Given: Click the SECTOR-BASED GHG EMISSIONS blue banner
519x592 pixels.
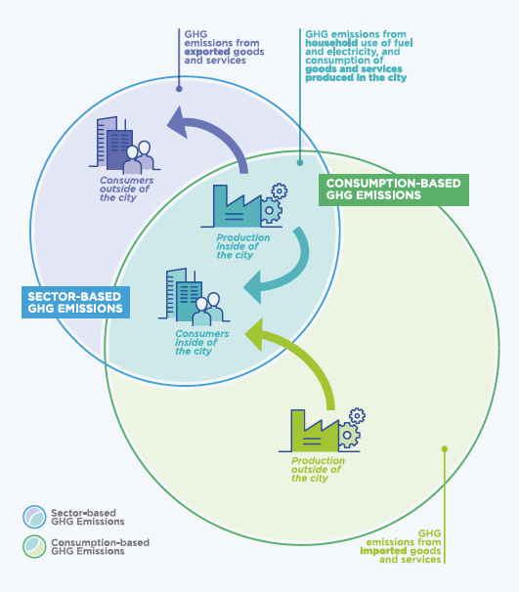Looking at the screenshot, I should pyautogui.click(x=76, y=302).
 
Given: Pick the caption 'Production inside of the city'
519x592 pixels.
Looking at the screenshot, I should pyautogui.click(x=238, y=245).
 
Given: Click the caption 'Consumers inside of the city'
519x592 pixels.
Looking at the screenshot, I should pyautogui.click(x=201, y=342).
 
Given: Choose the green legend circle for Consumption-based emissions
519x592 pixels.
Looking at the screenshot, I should pyautogui.click(x=36, y=546).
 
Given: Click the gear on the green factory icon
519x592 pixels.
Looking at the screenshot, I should pyautogui.click(x=357, y=416).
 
